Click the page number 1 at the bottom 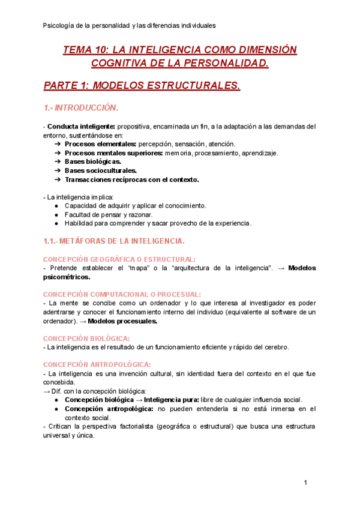coord(305,483)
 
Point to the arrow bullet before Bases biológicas coord(58,161)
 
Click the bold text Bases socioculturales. coord(101,170)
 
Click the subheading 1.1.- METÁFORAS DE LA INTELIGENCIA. coord(114,241)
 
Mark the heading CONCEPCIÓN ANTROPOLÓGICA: coord(97,364)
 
